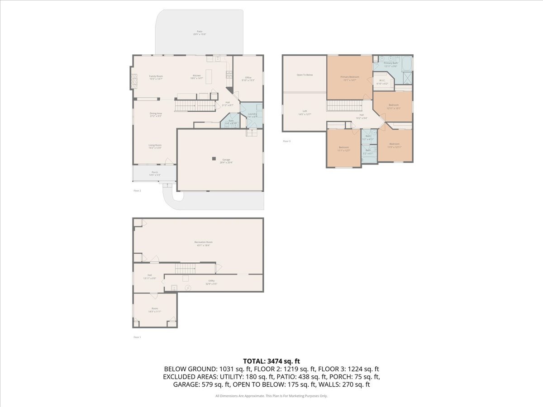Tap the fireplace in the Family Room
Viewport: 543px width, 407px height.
(133, 80)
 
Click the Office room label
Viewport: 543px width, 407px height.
(248, 78)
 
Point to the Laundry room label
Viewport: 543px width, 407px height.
(252, 114)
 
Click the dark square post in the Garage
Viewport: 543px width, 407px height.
(214, 158)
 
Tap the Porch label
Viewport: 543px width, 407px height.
(155, 172)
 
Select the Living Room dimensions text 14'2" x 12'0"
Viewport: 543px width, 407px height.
(155, 148)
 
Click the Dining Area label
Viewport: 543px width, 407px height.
(156, 114)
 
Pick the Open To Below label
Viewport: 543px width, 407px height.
(305, 75)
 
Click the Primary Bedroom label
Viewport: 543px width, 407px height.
(350, 77)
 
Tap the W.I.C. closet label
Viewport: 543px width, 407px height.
(382, 81)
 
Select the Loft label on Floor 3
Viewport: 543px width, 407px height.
(305, 111)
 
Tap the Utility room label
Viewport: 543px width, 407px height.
(211, 281)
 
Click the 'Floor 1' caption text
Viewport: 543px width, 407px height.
(137, 337)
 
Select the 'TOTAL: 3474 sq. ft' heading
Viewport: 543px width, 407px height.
(271, 361)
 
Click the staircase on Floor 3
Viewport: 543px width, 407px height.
(344, 106)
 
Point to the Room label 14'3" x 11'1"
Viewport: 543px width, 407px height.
(155, 308)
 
